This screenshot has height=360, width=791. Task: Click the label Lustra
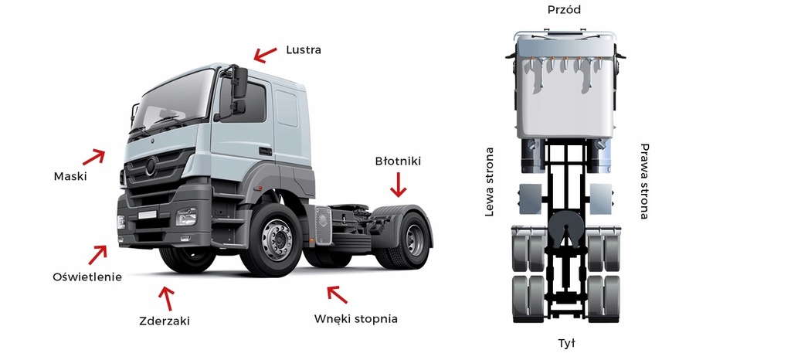coord(303,50)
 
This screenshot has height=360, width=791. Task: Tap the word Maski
coord(70,176)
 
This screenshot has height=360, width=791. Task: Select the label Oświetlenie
coord(87,277)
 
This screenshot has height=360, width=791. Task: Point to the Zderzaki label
coord(164,321)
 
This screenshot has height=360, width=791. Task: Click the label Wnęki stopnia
coord(356,318)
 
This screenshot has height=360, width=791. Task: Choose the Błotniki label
coord(398,161)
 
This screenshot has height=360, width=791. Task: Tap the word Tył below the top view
coord(566,342)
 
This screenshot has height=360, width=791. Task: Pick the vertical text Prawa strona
coord(644,181)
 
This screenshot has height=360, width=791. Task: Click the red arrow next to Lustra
coord(265,54)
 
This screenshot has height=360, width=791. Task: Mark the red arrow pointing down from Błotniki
coord(398,185)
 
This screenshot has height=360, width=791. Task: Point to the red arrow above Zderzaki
coord(166,297)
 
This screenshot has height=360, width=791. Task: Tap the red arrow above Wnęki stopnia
coord(337,294)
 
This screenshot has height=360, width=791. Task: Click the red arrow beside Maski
coord(93,157)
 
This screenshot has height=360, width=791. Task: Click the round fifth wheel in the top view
coord(565,227)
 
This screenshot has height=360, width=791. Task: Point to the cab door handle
coord(264,151)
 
